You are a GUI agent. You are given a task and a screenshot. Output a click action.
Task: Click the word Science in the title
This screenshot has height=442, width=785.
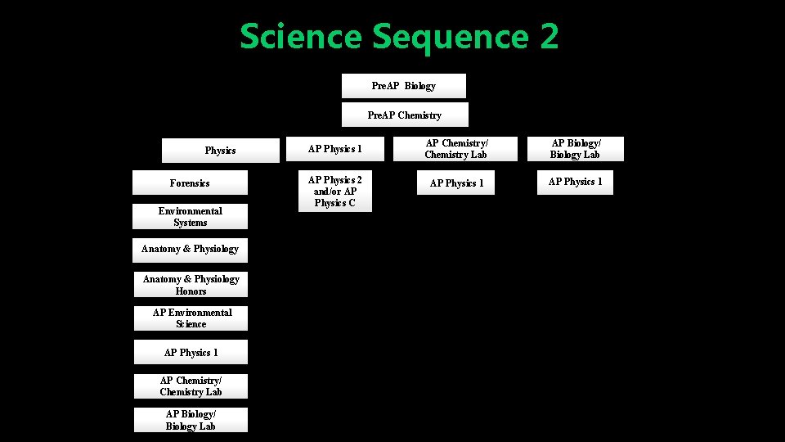point(300,38)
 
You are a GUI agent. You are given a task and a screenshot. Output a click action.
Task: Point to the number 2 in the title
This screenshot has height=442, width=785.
point(548,38)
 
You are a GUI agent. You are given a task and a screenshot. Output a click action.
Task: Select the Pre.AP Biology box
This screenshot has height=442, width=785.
point(403,86)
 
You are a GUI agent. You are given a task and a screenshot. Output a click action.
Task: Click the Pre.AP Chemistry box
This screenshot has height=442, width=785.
point(404,115)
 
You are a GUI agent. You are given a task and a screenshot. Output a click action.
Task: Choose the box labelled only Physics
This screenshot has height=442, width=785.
point(220,151)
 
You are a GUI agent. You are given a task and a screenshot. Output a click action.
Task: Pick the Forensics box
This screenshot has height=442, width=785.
point(190,183)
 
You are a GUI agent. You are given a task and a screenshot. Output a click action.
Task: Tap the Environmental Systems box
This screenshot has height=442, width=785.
point(190,217)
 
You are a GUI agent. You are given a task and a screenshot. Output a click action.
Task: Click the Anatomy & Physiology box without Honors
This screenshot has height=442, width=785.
point(190,250)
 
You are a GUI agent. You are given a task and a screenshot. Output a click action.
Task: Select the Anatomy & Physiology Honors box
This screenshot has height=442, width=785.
point(191,285)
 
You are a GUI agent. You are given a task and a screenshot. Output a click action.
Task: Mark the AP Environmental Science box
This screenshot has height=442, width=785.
point(191,318)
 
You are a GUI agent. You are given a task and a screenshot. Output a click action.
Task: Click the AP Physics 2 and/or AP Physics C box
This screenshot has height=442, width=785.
point(334,192)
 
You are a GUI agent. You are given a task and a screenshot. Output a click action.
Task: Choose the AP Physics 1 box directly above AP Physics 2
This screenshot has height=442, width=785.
point(334,149)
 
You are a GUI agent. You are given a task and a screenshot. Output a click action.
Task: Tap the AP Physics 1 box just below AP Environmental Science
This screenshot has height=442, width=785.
point(191,353)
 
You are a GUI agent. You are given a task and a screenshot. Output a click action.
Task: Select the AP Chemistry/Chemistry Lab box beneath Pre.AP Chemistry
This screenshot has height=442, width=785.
point(455,149)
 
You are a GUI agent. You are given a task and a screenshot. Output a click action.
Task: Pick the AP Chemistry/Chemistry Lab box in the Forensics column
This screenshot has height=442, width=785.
point(191,386)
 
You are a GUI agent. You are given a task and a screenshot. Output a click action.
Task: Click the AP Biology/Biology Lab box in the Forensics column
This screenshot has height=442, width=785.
point(191,420)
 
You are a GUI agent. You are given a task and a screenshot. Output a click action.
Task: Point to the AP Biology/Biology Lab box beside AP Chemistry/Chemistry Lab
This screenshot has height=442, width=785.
point(575,149)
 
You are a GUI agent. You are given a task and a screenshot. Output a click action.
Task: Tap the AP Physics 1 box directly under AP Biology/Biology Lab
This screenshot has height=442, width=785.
point(575,182)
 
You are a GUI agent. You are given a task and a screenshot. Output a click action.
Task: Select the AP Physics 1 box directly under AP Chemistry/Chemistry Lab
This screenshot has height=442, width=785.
point(456,183)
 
